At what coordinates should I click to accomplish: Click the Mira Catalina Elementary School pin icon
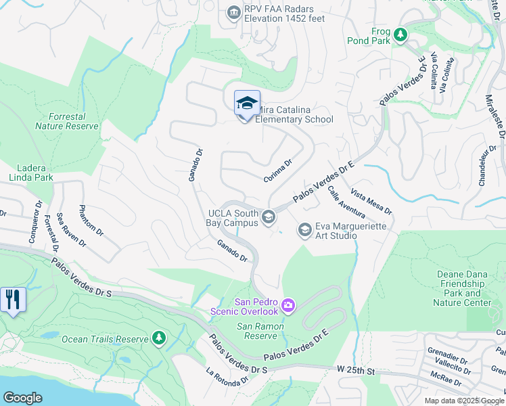point(247,104)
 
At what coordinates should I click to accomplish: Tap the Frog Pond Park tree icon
point(400,35)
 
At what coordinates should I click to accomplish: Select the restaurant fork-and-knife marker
point(13,299)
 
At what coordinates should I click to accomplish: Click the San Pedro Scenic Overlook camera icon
point(288,307)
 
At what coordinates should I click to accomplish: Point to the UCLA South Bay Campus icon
point(269,217)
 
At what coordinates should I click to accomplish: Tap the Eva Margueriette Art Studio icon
point(304,231)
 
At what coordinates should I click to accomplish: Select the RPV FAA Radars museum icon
point(233,12)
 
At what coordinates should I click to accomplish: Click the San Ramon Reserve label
point(260,331)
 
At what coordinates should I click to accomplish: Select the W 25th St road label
point(356,369)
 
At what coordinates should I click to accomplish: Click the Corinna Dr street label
point(277,170)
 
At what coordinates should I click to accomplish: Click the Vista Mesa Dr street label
point(372,201)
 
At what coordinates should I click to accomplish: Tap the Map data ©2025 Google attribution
point(464,401)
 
